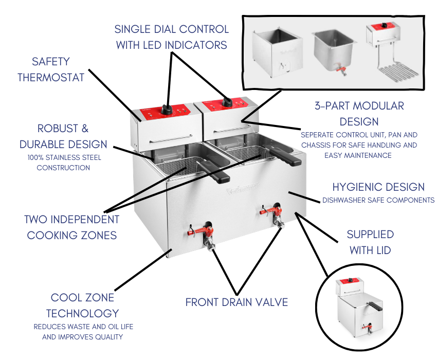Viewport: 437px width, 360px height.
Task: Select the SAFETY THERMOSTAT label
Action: pos(50,69)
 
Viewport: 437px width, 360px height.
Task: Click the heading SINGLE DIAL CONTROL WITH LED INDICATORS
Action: pos(171,37)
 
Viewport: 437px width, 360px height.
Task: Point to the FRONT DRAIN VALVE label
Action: pos(236,302)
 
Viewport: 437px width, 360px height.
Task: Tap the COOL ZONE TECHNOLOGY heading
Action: pos(82,305)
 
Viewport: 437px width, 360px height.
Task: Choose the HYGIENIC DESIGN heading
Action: pos(378,187)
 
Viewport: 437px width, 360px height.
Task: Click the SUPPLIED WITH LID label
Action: pos(370,242)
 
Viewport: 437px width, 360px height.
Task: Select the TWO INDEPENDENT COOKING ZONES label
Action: pos(71,227)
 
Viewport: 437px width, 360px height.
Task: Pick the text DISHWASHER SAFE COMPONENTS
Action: pos(378,200)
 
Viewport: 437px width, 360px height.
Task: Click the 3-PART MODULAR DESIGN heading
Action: pos(359,114)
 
